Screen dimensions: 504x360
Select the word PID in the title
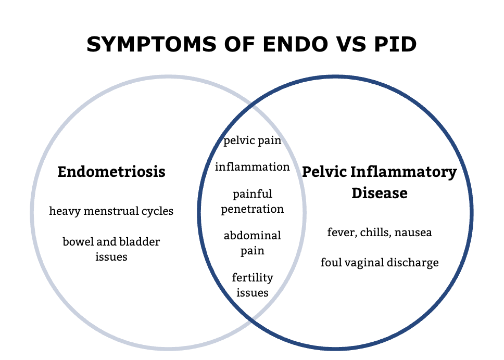point(394,45)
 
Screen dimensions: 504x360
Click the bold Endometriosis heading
point(111,172)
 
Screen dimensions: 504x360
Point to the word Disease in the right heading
point(379,193)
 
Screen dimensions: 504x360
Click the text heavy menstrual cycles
point(111,211)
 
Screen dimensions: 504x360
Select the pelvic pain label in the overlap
point(253,140)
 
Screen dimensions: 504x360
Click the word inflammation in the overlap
point(253,167)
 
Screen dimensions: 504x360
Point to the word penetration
point(253,209)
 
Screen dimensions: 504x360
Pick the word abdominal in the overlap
point(253,236)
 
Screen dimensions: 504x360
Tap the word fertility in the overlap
point(253,277)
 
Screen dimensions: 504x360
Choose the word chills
point(374,232)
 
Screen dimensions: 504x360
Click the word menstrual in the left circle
point(111,211)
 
